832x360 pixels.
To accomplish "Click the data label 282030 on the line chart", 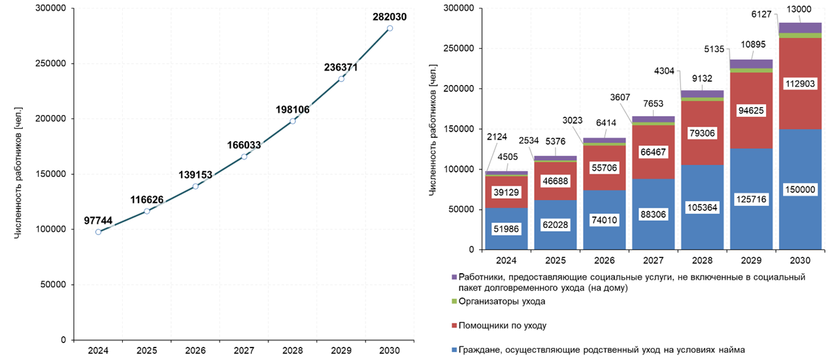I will point(390,16).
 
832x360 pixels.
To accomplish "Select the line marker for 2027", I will point(244,156).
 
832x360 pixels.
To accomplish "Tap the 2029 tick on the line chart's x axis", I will point(341,350).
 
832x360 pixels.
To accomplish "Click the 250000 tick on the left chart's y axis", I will point(52,64).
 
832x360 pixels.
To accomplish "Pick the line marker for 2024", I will point(98,232).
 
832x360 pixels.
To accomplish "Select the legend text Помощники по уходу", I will point(503,325).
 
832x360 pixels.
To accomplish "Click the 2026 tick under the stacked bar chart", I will point(605,261).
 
